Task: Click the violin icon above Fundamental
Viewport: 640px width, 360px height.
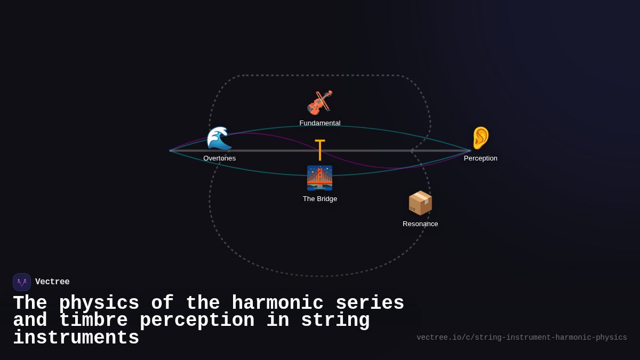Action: click(x=319, y=102)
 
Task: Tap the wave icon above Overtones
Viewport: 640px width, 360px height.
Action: click(x=219, y=139)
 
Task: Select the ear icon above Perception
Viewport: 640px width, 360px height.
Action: click(x=481, y=138)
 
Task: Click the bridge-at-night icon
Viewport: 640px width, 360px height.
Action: click(x=319, y=178)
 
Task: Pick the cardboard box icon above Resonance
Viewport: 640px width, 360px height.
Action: click(x=420, y=203)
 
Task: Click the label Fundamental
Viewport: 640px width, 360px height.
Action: click(x=320, y=123)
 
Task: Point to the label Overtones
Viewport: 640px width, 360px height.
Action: click(x=219, y=158)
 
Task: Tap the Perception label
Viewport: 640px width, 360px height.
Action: click(x=481, y=158)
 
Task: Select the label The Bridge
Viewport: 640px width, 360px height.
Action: click(x=320, y=199)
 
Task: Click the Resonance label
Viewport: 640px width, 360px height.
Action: click(x=420, y=224)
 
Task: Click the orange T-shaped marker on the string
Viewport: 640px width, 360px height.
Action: click(x=320, y=150)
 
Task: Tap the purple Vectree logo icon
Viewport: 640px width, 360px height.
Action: click(x=22, y=282)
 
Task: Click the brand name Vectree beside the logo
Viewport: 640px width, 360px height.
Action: click(x=52, y=282)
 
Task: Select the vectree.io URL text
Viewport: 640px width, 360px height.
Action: click(x=522, y=338)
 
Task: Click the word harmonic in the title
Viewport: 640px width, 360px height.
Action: click(x=277, y=303)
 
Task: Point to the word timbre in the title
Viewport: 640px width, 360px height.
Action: click(x=93, y=321)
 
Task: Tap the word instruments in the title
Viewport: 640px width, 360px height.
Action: click(x=76, y=338)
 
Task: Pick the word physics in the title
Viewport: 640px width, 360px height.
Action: click(x=99, y=303)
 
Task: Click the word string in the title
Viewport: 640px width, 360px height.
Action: click(x=335, y=321)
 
